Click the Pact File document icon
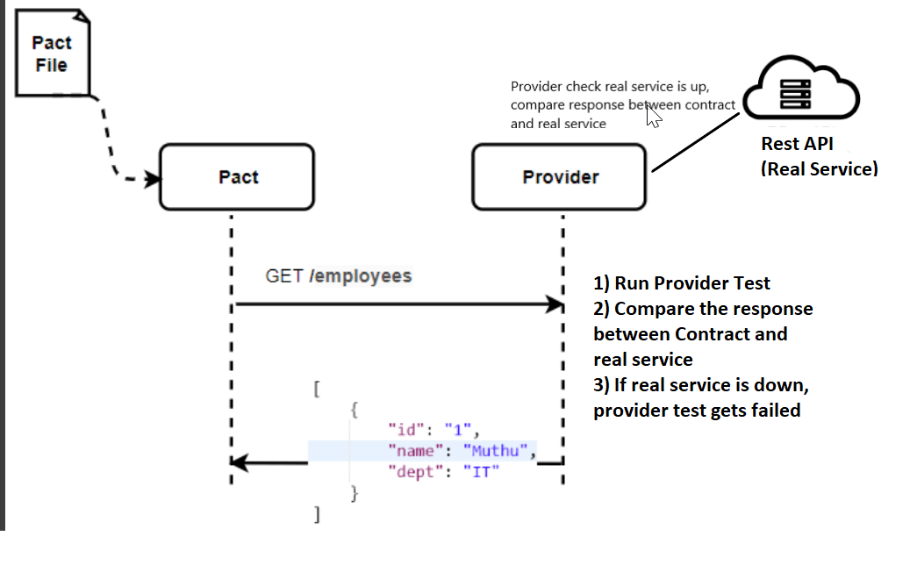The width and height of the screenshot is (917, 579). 53,53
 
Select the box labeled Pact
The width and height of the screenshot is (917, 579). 237,177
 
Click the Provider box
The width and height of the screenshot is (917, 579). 560,177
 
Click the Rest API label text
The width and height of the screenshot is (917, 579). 797,144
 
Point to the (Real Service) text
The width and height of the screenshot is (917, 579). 818,168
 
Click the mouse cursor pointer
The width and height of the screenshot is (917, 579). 653,116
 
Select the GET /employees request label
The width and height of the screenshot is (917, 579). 338,276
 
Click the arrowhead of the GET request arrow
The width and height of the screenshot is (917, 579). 555,304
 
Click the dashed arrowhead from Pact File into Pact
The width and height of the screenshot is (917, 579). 155,179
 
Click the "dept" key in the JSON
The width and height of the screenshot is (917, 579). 411,472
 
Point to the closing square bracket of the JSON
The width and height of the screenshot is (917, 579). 317,515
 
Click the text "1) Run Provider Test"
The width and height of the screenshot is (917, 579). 682,282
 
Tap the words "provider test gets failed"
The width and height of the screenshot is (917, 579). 697,410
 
